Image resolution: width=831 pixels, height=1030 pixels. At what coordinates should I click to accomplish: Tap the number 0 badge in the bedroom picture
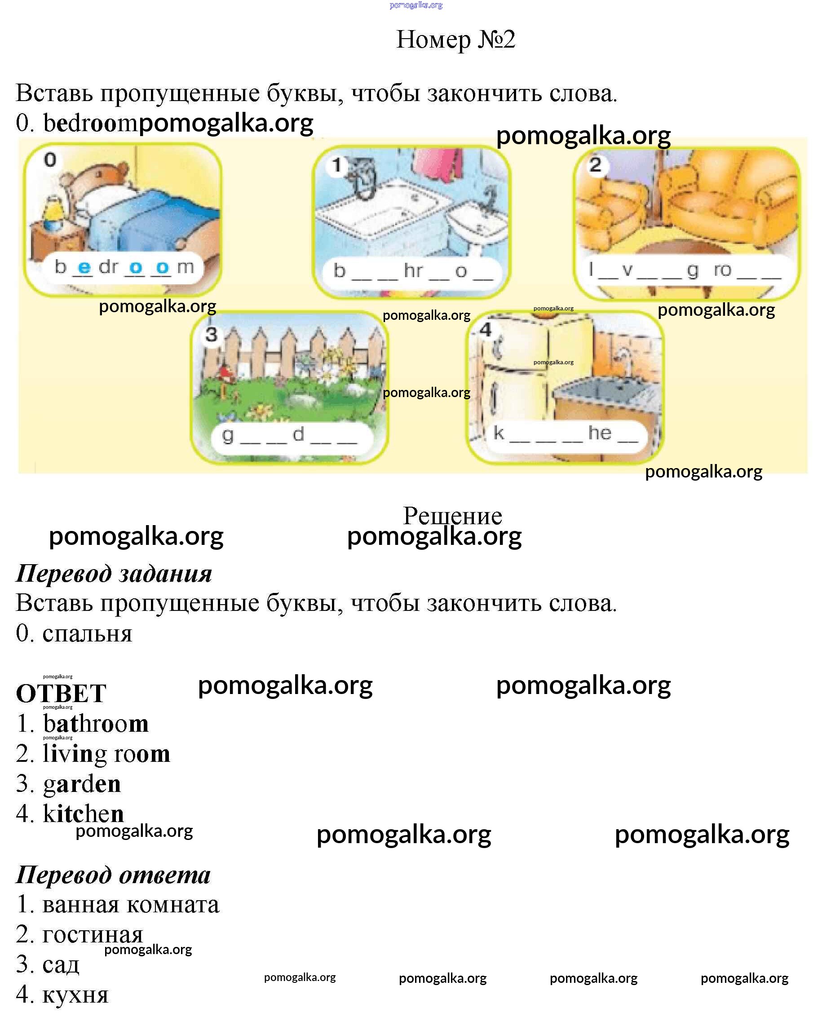click(x=50, y=160)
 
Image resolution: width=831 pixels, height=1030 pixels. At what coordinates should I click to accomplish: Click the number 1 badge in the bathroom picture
click(x=337, y=166)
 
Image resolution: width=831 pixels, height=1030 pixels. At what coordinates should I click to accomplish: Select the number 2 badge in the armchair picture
click(x=596, y=165)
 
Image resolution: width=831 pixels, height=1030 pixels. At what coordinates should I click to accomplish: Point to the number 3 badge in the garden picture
click(x=211, y=334)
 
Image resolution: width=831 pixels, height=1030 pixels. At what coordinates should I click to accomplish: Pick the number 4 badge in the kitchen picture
click(x=486, y=329)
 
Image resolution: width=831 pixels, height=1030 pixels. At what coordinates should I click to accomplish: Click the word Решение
click(x=452, y=516)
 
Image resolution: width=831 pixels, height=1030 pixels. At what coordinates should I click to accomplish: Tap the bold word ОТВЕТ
click(x=61, y=693)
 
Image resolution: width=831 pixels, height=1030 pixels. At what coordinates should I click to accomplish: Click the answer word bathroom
click(x=96, y=723)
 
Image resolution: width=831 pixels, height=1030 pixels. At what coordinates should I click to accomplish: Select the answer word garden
click(x=82, y=784)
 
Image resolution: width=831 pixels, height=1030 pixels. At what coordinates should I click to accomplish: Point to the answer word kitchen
click(x=83, y=813)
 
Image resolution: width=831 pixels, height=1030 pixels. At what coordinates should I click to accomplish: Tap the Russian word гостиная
click(x=93, y=934)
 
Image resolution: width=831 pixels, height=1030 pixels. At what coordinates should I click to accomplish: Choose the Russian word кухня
click(x=75, y=995)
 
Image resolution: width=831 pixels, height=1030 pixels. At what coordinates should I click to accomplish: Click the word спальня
click(x=87, y=634)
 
